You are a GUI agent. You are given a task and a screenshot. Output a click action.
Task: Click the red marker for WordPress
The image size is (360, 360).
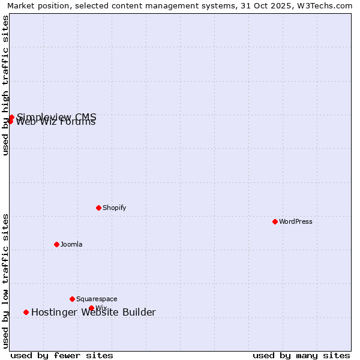coord(275,221)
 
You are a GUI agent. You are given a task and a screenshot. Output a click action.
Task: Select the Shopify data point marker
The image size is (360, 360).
coord(98,208)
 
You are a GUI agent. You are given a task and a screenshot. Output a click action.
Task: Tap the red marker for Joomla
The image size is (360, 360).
coord(56,244)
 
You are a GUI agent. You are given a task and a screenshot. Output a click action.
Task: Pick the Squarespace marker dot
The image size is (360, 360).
coord(72,299)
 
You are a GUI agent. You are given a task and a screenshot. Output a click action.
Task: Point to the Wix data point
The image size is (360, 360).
coord(91,308)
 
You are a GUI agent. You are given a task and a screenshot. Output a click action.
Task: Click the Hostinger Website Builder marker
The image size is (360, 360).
coord(26,312)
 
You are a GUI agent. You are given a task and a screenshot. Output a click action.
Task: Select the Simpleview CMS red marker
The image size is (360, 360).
coord(11,117)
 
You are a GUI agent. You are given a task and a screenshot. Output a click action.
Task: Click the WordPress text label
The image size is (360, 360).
coord(295,221)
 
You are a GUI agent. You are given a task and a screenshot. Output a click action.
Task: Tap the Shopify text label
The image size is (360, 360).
coord(114,208)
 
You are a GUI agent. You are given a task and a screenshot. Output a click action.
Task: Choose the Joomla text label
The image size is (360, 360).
coord(71,244)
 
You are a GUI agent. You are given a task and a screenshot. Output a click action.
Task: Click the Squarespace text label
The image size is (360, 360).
coord(97,299)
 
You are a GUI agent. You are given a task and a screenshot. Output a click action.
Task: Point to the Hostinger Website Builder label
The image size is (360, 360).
coord(94,312)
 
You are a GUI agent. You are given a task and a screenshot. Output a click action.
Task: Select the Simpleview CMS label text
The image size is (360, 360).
coord(56,116)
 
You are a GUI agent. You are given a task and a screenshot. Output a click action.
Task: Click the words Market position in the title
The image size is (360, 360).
coord(35,5)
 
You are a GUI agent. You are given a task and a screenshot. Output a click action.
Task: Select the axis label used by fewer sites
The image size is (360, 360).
coord(62,355)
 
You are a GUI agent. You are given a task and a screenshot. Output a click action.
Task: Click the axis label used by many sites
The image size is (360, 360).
coord(301,355)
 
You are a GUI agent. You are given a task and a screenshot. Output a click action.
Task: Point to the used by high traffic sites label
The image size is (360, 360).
coord(5,86)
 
